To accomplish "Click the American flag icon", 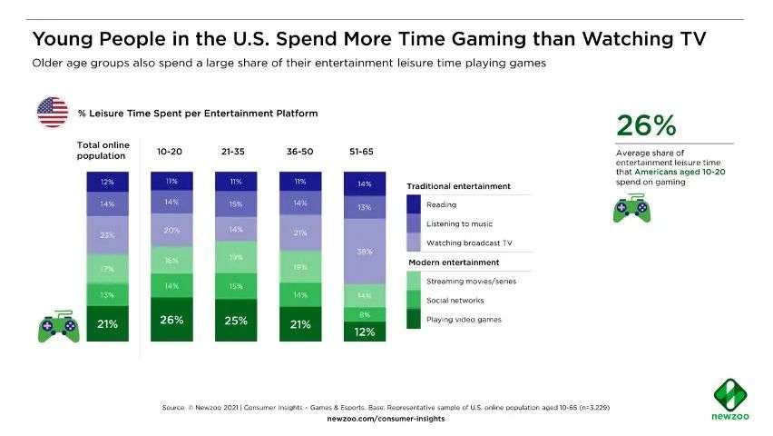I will click(51, 113).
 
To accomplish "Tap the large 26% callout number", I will click(646, 124).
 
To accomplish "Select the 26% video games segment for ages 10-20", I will click(171, 319).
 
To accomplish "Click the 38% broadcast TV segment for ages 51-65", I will click(364, 252).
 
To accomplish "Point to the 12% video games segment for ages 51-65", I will click(364, 332).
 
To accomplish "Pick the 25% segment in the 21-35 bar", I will click(236, 320).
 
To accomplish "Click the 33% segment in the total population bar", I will click(107, 235).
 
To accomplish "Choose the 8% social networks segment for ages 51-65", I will click(364, 314).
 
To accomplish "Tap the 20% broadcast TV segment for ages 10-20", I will click(171, 231).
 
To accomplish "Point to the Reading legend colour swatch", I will click(414, 204).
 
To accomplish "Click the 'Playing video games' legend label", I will click(464, 319).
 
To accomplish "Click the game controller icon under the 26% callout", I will click(631, 209).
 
